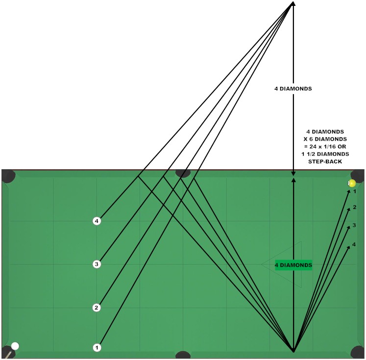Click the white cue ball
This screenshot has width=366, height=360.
click(15, 346)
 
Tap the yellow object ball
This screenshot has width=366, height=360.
click(352, 183)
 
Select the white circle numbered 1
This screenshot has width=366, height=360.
click(97, 347)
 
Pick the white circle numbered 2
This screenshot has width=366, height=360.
click(97, 308)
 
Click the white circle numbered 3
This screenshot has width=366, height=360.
click(97, 264)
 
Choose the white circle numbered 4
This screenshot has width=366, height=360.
click(97, 221)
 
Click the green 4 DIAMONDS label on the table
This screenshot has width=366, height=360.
click(293, 265)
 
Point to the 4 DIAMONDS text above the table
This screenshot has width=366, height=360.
click(293, 89)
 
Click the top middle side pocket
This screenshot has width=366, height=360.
click(183, 172)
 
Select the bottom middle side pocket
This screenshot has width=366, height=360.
click(183, 355)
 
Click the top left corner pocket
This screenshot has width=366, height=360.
click(8, 176)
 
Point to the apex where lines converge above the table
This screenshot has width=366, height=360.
click(293, 3)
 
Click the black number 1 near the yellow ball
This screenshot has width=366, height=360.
click(355, 192)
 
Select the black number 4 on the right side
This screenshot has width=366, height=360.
click(354, 244)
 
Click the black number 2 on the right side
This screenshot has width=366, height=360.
click(354, 207)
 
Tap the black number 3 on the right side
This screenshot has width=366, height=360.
click(354, 226)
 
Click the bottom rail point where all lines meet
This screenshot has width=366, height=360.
click(293, 351)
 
